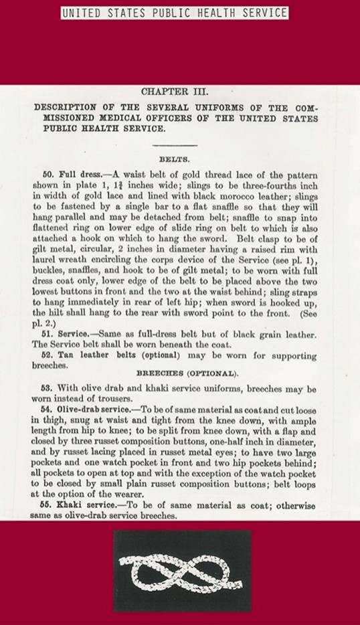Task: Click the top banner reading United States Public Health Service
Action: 175,13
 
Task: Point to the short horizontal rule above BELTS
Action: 175,145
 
